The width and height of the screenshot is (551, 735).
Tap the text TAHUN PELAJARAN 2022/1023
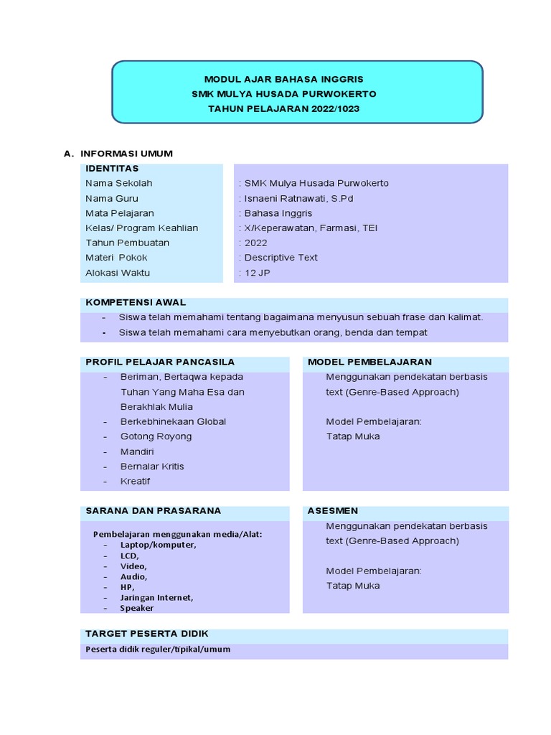[x=283, y=109]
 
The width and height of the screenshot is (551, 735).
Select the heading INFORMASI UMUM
[x=126, y=154]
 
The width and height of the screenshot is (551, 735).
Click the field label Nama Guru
[x=112, y=198]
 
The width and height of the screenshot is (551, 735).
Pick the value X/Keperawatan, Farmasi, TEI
[x=310, y=228]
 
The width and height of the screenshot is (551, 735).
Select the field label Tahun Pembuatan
[x=127, y=243]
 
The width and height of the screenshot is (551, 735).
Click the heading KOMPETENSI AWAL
[x=136, y=303]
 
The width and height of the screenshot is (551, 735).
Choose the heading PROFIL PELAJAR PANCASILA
[x=160, y=362]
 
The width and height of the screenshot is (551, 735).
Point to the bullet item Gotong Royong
[x=156, y=436]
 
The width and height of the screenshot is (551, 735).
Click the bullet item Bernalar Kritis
[x=152, y=467]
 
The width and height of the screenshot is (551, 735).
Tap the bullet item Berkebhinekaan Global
[x=173, y=421]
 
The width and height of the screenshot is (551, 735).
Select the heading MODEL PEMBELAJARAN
[x=369, y=362]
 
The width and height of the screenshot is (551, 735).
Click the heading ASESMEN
[x=332, y=511]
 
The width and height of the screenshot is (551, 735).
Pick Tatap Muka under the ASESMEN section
[x=353, y=586]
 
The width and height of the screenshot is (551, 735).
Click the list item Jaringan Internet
[x=156, y=597]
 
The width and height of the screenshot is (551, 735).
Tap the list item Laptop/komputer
[x=158, y=545]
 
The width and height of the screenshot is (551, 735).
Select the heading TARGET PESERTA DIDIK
[x=147, y=634]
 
